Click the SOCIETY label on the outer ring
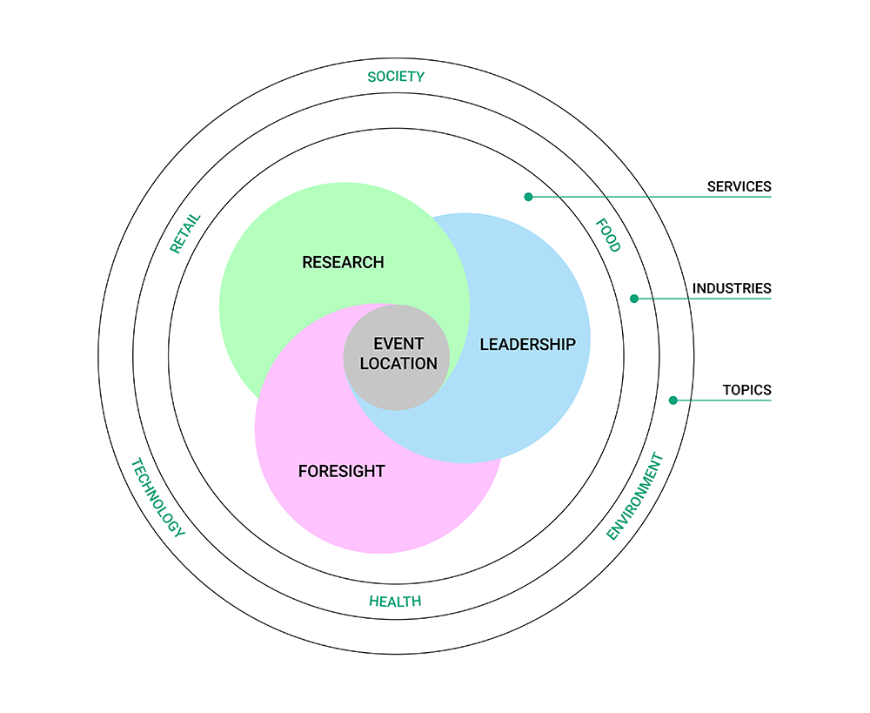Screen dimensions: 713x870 (x=396, y=77)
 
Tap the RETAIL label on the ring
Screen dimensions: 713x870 (x=185, y=233)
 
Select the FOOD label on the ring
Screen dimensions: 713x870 (x=608, y=235)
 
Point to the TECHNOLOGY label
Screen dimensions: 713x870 (x=157, y=498)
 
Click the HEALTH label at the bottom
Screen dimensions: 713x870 (x=395, y=602)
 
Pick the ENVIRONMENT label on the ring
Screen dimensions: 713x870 (x=635, y=496)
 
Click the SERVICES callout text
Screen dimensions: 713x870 (x=739, y=186)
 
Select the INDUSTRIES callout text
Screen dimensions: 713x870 (x=732, y=288)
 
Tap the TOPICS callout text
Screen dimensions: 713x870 (x=746, y=390)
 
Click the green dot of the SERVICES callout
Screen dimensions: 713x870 (x=528, y=197)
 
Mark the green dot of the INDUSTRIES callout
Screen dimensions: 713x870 (x=634, y=299)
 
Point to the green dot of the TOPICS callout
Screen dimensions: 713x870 (x=673, y=400)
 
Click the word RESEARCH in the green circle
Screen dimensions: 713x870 (x=343, y=262)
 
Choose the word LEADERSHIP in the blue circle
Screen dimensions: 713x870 (x=527, y=344)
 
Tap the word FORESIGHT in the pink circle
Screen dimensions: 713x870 (x=341, y=472)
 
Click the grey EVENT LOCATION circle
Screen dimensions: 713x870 (x=396, y=383)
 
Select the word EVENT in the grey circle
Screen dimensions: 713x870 (x=398, y=344)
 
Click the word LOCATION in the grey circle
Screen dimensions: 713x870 (x=398, y=364)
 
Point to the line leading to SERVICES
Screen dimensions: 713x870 (x=652, y=197)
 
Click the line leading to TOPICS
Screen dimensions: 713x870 (x=722, y=400)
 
